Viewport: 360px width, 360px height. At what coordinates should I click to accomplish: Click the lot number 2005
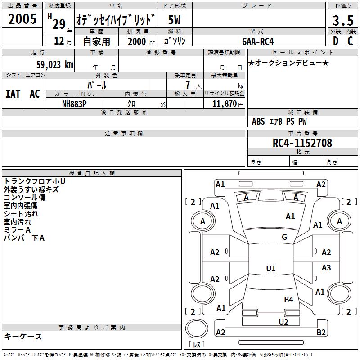(x=22, y=19)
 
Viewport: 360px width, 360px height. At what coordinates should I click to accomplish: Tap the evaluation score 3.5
(x=343, y=21)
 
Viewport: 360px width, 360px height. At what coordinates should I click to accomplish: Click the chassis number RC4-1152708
(x=302, y=143)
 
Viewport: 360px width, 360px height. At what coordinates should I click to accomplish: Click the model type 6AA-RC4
(x=258, y=41)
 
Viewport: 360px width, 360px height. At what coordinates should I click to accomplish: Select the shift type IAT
(x=13, y=94)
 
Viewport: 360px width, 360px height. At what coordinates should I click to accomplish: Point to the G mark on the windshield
(x=284, y=237)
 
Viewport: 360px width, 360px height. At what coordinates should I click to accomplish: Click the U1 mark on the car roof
(x=271, y=269)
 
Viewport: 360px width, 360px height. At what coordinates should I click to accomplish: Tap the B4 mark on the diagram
(x=288, y=299)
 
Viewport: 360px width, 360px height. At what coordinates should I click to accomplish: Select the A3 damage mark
(x=326, y=268)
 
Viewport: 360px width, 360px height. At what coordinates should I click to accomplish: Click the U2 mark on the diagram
(x=283, y=322)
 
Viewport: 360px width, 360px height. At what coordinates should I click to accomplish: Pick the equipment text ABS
(x=258, y=121)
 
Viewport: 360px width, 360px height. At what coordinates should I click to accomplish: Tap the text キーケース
(x=23, y=336)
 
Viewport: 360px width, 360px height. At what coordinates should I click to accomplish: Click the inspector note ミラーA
(x=17, y=230)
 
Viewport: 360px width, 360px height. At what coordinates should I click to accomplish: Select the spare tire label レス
(x=197, y=345)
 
